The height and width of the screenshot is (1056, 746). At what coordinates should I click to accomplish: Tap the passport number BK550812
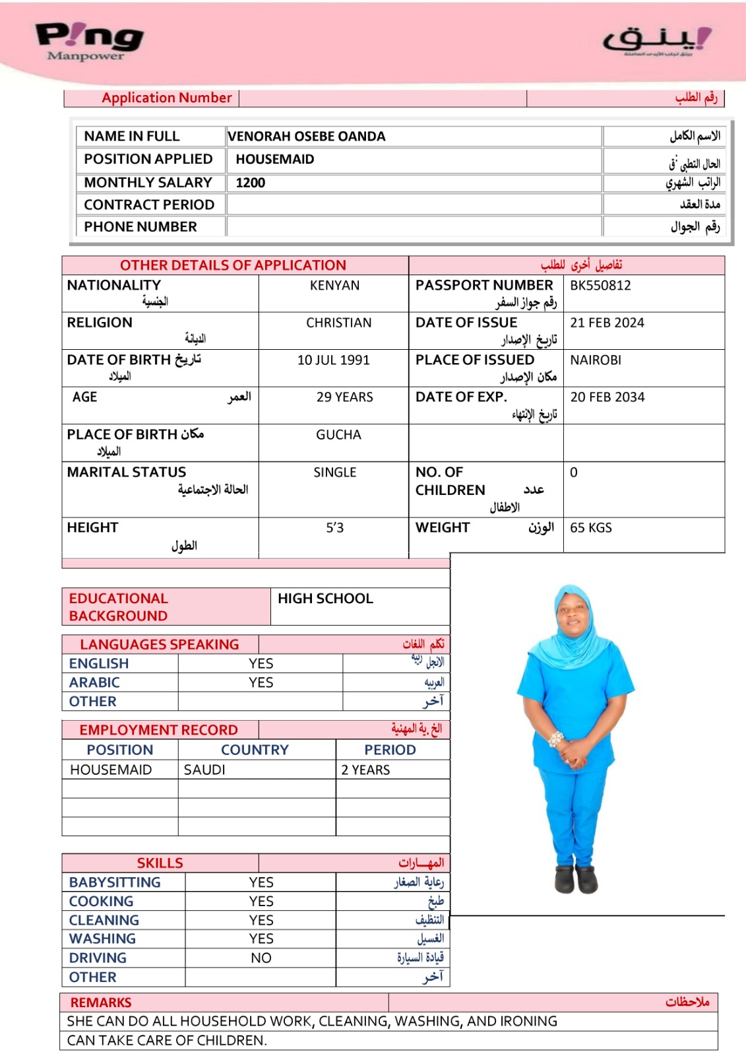pyautogui.click(x=600, y=286)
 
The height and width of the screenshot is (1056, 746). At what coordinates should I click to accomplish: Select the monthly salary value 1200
pyautogui.click(x=251, y=183)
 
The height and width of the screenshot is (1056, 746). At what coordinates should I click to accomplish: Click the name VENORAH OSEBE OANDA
pyautogui.click(x=307, y=137)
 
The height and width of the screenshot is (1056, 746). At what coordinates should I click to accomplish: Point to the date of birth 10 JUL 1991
pyautogui.click(x=333, y=360)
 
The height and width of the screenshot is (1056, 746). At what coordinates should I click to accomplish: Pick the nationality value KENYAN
pyautogui.click(x=334, y=286)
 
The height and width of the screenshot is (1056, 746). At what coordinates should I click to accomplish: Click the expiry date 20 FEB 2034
pyautogui.click(x=607, y=397)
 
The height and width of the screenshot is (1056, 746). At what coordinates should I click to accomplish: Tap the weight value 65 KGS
pyautogui.click(x=591, y=528)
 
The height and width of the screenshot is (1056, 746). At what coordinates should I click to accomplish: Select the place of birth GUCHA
pyautogui.click(x=338, y=435)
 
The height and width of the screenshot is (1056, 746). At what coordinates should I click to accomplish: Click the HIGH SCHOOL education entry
pyautogui.click(x=325, y=599)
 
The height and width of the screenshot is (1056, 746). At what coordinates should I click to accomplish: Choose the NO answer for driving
pyautogui.click(x=261, y=958)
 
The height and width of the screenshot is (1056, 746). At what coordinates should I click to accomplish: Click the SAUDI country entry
pyautogui.click(x=204, y=770)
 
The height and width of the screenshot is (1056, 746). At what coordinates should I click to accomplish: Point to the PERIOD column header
pyautogui.click(x=390, y=750)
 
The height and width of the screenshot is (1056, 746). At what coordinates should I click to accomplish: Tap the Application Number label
pyautogui.click(x=167, y=98)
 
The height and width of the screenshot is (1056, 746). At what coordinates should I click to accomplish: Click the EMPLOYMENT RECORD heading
pyautogui.click(x=158, y=730)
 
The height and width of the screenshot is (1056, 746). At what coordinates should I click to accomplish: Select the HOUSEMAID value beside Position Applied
pyautogui.click(x=275, y=160)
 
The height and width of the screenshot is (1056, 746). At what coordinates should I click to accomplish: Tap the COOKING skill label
pyautogui.click(x=101, y=902)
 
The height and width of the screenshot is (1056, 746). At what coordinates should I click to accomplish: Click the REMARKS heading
pyautogui.click(x=101, y=1003)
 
